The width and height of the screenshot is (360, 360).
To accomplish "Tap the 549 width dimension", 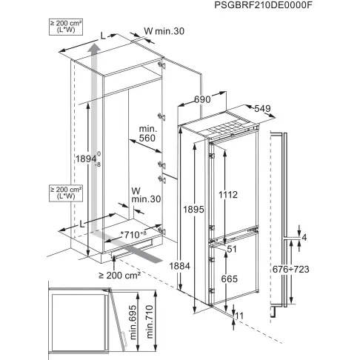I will click(x=259, y=107).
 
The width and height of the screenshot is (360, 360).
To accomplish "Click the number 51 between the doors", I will click(x=231, y=250).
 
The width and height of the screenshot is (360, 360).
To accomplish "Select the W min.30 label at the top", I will click(x=162, y=32).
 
